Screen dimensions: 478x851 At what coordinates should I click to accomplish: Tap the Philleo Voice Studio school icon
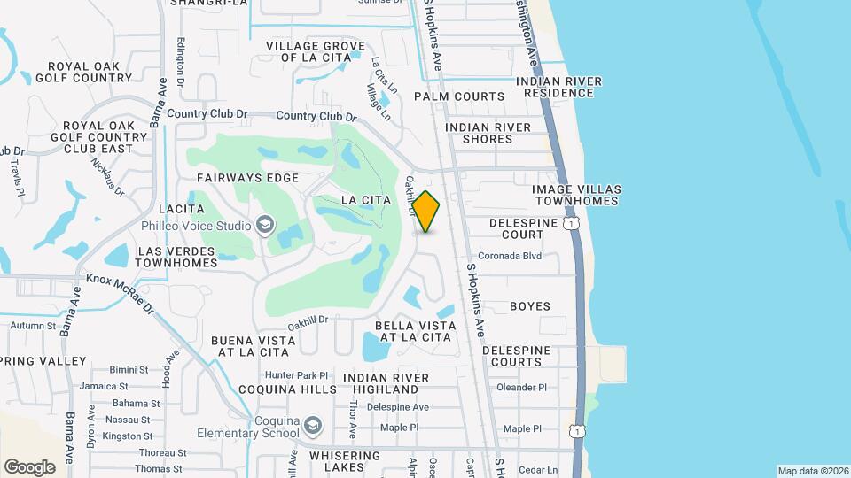[x=264, y=226]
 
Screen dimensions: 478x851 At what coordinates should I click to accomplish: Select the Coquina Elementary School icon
[x=312, y=427]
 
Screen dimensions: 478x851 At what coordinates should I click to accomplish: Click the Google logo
[x=29, y=467]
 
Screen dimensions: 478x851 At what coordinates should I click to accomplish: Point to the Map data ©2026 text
[x=812, y=471]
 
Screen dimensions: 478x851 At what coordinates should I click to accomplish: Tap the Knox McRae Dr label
[x=121, y=291]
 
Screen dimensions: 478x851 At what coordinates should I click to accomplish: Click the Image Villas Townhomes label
[x=576, y=196]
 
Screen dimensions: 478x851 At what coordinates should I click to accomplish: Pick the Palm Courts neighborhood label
[x=459, y=96]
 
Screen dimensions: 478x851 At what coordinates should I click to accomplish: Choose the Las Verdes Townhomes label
[x=177, y=257]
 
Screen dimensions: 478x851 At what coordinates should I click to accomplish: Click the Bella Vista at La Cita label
[x=415, y=331]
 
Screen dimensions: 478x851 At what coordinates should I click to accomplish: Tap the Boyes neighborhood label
[x=530, y=306]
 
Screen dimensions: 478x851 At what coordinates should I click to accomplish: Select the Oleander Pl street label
[x=522, y=387]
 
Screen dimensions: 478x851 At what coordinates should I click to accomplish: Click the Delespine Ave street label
[x=398, y=407]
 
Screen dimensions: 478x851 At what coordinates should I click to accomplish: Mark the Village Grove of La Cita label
[x=316, y=51]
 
